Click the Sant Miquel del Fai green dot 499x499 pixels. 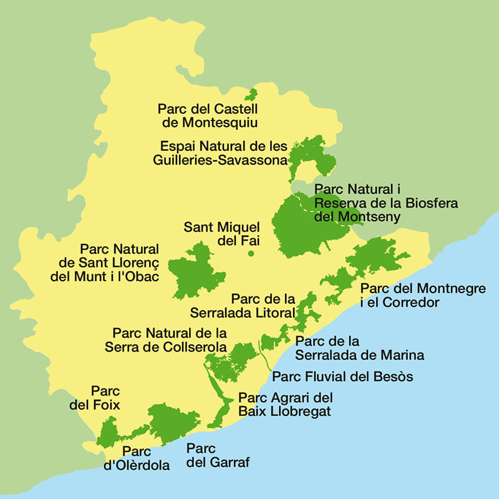(251, 253)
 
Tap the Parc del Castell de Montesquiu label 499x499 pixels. (208, 115)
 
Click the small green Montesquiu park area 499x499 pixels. (251, 95)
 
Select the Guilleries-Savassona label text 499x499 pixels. (220, 159)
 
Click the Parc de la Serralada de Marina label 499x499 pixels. (359, 349)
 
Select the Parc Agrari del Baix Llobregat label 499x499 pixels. (285, 404)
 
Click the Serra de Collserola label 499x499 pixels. (169, 340)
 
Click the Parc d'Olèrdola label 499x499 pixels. (136, 458)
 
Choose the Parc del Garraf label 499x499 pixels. (209, 456)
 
